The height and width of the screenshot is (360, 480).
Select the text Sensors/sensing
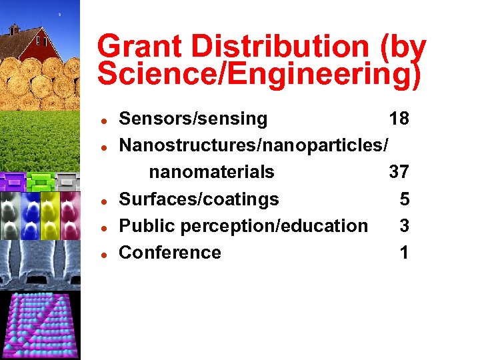[193, 119]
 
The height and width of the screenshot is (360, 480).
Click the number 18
[399, 119]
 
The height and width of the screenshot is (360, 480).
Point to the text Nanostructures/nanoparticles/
[253, 146]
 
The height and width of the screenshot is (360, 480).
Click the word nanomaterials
[211, 173]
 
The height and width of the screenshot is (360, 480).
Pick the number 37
[399, 173]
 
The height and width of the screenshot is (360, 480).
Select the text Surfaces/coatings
[199, 199]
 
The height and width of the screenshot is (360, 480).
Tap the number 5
[405, 199]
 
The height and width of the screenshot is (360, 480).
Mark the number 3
[405, 226]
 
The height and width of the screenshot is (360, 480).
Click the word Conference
[170, 253]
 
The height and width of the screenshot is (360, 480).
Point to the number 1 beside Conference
[405, 253]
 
